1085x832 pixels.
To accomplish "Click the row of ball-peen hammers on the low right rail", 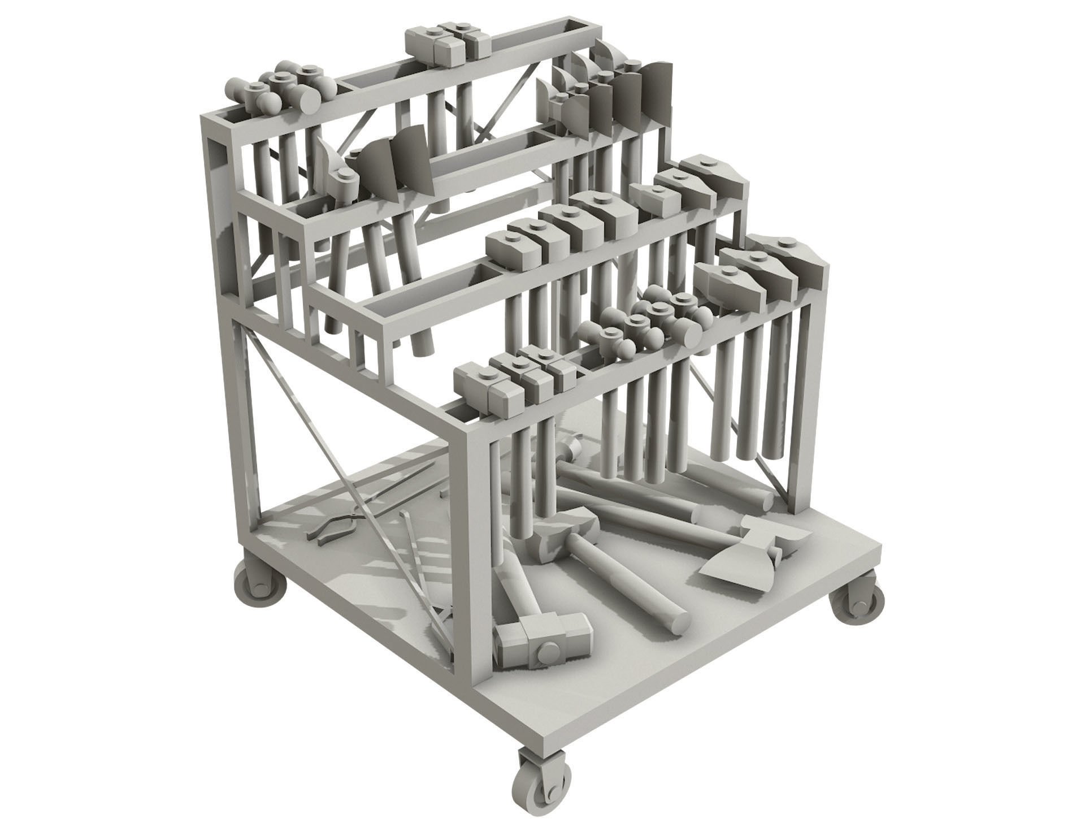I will click(644, 322).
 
